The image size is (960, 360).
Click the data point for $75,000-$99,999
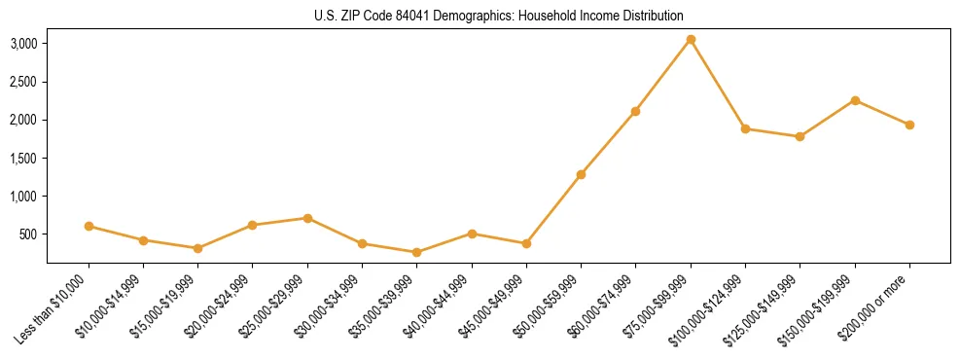click(691, 40)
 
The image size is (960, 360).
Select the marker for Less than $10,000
click(89, 226)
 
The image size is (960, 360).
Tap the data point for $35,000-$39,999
click(417, 252)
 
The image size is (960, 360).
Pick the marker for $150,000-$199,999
click(855, 100)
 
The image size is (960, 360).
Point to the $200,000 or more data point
click(909, 125)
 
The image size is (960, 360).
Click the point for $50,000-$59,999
click(581, 174)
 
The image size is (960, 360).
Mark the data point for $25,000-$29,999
click(307, 218)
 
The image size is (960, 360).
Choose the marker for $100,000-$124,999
click(745, 128)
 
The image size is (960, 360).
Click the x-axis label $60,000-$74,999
click(602, 305)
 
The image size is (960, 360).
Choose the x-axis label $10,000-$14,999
click(110, 305)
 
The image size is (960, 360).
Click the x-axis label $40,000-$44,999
click(438, 305)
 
